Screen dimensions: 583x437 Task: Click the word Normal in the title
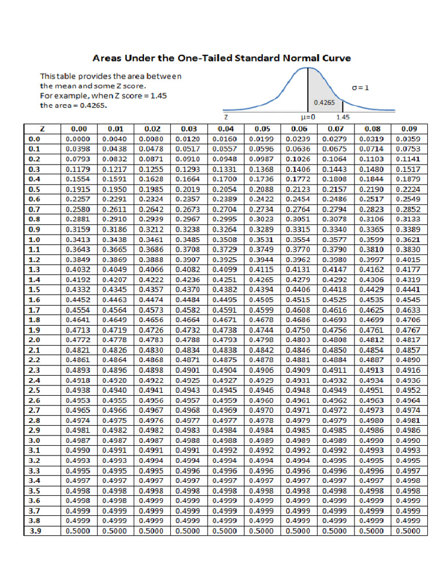click(296, 58)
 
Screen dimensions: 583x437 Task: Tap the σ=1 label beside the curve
click(360, 88)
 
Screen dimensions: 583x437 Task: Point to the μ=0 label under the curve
click(308, 117)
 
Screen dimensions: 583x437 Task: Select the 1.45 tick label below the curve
click(343, 117)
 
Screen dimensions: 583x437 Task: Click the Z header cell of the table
click(43, 129)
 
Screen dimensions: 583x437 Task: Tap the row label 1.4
click(35, 280)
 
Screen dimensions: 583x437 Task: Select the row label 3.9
click(35, 531)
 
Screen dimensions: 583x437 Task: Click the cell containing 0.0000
click(79, 138)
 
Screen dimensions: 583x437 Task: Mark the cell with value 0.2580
click(79, 209)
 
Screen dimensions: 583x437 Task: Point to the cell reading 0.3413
click(79, 239)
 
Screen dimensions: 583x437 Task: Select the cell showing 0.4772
click(79, 340)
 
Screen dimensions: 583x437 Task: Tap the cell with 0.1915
click(79, 189)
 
